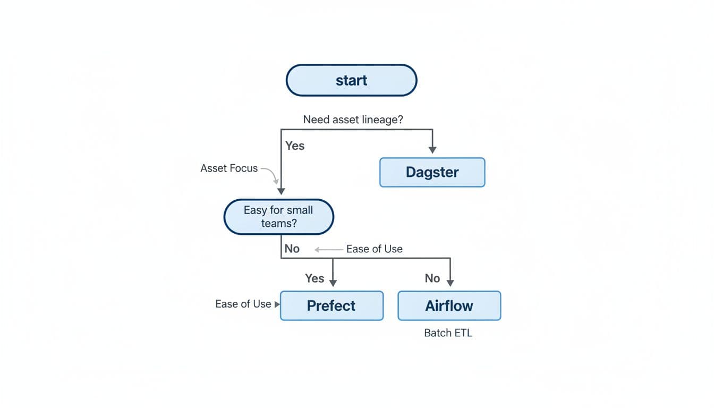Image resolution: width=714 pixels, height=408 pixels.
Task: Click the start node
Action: click(351, 80)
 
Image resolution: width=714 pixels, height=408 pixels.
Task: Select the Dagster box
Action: click(432, 172)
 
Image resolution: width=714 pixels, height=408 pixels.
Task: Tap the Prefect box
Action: click(331, 305)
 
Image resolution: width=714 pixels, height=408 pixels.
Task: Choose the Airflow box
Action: click(449, 305)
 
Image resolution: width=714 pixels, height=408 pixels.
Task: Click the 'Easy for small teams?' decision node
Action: click(278, 217)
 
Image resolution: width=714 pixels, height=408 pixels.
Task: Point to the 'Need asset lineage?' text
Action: click(353, 120)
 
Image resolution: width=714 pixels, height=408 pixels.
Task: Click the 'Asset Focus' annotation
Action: click(229, 168)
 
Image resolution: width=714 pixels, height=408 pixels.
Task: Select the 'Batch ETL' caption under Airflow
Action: click(448, 333)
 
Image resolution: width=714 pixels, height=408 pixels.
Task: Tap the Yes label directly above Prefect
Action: click(314, 278)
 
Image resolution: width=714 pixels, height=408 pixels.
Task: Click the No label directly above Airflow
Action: click(432, 278)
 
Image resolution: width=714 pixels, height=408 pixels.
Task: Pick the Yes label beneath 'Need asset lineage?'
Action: click(295, 146)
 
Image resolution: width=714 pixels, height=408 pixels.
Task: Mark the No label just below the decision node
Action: click(292, 249)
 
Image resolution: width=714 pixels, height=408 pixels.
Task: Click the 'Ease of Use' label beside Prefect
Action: click(243, 304)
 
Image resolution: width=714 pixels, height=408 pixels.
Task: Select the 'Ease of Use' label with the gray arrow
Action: click(374, 249)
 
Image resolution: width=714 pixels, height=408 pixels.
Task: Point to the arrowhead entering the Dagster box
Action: click(432, 150)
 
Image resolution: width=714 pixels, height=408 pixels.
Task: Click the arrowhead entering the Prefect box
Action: click(333, 283)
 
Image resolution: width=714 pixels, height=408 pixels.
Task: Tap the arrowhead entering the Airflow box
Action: click(450, 283)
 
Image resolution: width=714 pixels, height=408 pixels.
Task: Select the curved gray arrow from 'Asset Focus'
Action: click(270, 175)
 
